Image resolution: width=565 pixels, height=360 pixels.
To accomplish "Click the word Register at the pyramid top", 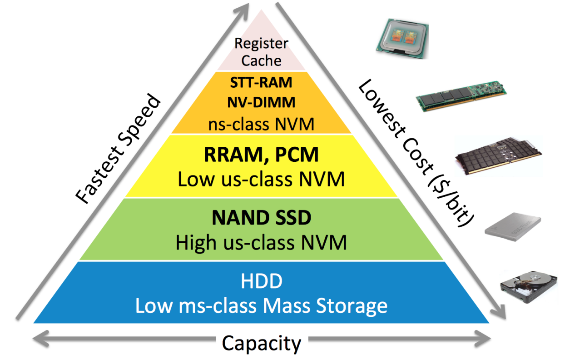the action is point(261,44).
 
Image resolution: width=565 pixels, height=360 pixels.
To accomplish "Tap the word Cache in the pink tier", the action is point(261,61).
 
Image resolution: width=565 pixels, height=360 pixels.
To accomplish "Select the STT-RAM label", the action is point(261,83).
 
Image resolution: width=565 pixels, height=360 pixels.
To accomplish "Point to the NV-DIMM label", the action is point(261,102).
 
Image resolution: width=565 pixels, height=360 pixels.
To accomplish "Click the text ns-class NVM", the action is point(261,124).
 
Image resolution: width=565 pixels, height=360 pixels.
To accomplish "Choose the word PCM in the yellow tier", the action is point(297,154).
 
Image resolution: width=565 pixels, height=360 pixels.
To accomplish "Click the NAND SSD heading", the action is point(261,218).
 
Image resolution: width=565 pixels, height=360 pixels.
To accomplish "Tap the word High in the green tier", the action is point(196,243).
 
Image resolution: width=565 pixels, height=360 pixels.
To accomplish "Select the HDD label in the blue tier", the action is point(261,281).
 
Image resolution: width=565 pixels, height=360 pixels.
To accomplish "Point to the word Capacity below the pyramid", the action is point(262,343).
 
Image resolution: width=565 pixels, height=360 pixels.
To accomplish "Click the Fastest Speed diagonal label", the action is point(118,149).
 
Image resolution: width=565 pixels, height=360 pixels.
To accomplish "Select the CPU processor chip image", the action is point(402,39).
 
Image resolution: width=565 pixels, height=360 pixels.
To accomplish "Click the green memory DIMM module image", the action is point(461,96).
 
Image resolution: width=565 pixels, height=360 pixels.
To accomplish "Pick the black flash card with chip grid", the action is point(498,156).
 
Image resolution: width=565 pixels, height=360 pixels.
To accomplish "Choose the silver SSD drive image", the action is point(513,226).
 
